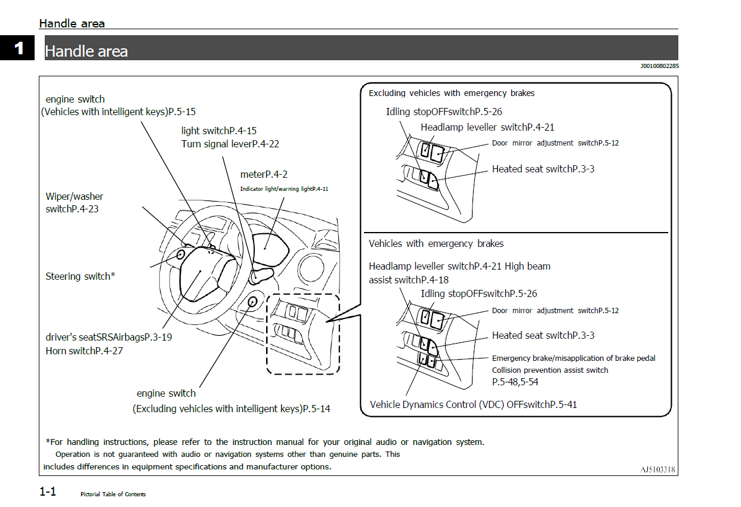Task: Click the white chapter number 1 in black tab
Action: click(x=19, y=48)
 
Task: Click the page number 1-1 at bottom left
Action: click(x=48, y=492)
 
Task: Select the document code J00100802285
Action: click(x=659, y=66)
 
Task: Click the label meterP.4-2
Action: click(x=264, y=174)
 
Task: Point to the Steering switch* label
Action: click(x=80, y=276)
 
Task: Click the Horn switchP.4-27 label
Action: click(x=84, y=351)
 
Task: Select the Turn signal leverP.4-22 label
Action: click(x=230, y=144)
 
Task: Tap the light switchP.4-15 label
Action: click(x=219, y=130)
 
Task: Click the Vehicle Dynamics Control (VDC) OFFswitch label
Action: click(x=473, y=404)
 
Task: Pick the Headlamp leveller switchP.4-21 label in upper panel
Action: click(x=487, y=127)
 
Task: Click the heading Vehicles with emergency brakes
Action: click(x=436, y=243)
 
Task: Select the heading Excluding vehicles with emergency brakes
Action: click(x=452, y=93)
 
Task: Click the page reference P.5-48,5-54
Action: click(x=515, y=382)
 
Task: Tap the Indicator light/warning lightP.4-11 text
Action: click(x=284, y=188)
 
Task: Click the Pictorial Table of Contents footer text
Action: click(x=113, y=494)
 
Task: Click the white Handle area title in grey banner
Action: click(x=87, y=51)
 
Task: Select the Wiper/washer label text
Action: click(x=75, y=196)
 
